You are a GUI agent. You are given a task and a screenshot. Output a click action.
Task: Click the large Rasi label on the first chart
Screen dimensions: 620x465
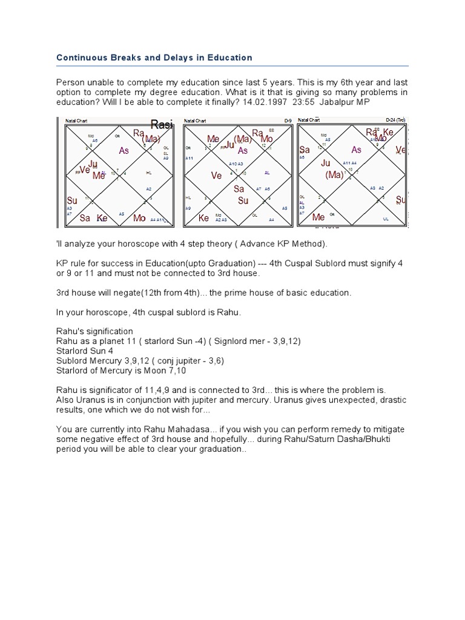(162, 125)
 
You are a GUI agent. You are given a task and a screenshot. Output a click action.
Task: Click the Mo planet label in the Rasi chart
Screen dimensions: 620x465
(139, 218)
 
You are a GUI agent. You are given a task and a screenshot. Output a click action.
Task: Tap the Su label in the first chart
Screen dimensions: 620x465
(72, 200)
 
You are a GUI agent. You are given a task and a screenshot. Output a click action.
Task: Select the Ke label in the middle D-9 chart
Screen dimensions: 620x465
(204, 218)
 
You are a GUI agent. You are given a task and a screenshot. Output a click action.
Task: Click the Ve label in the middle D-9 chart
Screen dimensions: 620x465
(216, 176)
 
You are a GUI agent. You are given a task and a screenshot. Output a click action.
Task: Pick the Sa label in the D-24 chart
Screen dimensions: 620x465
(305, 150)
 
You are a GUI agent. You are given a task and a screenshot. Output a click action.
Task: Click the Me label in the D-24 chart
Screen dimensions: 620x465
(318, 217)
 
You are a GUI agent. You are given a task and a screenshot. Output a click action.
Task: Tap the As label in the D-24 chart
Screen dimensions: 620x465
(357, 150)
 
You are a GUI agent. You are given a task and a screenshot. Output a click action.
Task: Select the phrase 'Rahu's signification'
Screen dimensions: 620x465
(94, 331)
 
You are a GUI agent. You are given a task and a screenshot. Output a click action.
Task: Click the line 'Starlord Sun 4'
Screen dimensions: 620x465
(84, 351)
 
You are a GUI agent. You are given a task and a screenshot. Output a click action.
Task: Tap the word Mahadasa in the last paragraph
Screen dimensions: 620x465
(171, 429)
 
